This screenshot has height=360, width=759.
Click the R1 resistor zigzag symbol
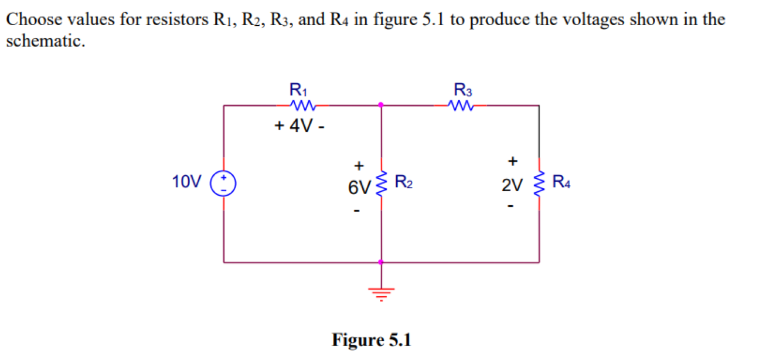pos(303,106)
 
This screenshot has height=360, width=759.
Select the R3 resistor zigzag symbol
pos(460,106)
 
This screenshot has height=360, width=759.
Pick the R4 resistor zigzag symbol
pos(539,184)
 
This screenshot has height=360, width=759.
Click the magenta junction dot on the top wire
pos(381,105)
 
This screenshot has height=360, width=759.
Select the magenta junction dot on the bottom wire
pos(381,262)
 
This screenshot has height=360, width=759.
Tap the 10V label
pos(187,182)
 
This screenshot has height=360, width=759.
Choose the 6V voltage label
pos(359,188)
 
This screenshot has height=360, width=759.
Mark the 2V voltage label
pos(511,186)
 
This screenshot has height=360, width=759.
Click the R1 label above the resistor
pos(298,90)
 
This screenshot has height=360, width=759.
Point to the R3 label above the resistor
pos(462,90)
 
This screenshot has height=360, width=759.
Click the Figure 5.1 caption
pos(372,339)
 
